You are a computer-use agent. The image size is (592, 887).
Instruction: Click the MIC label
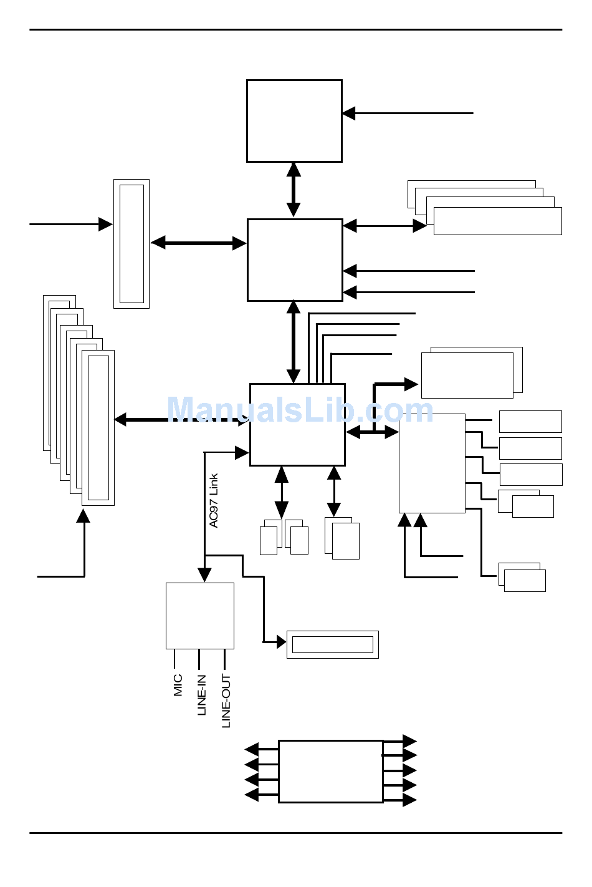178,684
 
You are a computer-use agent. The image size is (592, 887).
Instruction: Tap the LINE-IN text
202,695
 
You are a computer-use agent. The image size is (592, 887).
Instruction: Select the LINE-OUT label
226,700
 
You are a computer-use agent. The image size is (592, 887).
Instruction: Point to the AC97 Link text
214,501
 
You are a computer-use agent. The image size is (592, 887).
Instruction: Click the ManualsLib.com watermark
300,410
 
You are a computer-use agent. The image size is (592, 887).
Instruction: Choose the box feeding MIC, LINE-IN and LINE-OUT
200,616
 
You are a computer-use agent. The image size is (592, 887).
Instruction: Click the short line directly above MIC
174,659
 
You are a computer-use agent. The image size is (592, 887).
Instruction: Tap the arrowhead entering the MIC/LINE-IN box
204,575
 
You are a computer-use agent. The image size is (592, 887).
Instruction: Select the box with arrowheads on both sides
330,771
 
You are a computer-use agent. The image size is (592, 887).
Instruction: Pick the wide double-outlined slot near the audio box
332,644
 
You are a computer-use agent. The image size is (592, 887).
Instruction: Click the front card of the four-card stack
497,221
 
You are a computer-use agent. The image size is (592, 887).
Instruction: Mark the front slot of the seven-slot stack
98,428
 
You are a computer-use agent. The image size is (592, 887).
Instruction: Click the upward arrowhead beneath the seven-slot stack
83,516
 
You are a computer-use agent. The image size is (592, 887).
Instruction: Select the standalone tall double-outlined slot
131,244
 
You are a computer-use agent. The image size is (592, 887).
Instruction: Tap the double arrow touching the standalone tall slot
198,243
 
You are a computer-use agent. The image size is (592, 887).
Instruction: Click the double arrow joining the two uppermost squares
294,190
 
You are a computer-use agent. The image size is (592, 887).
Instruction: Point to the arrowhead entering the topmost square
349,114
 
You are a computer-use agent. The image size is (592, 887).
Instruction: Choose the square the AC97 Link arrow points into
297,424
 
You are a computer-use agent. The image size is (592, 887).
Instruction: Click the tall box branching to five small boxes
432,463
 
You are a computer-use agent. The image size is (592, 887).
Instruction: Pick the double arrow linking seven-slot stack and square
181,420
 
